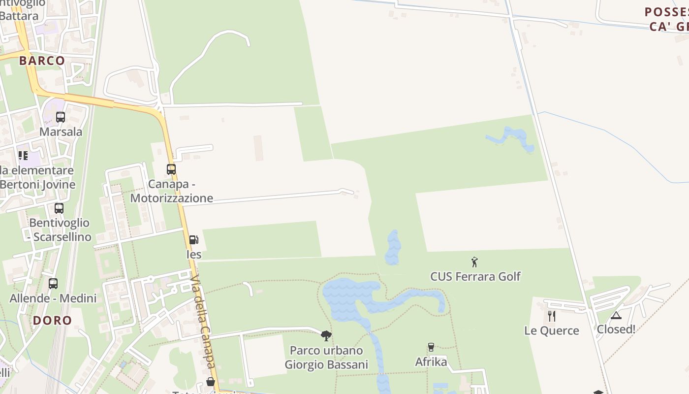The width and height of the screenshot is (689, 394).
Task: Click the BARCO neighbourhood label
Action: point(42,61)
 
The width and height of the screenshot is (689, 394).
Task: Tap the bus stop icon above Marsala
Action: point(61,117)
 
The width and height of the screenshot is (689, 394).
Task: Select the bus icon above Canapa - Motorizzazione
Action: point(171,169)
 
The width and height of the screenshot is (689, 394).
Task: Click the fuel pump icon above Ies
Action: point(194,240)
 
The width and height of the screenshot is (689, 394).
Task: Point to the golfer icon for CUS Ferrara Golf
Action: point(474,262)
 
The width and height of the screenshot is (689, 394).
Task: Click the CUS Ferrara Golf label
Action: point(475,276)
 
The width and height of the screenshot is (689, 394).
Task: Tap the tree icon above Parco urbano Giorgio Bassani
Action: point(326,336)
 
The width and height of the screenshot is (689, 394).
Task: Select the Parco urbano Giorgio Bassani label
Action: point(326,358)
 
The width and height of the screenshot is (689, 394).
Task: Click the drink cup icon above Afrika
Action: point(431,347)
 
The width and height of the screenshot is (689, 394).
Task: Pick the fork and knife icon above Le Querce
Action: point(551,316)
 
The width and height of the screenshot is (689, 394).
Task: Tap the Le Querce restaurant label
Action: point(551,330)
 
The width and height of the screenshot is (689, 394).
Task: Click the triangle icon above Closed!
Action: point(616,315)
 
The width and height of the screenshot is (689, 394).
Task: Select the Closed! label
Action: point(616,329)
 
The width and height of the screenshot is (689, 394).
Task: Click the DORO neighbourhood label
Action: point(52,320)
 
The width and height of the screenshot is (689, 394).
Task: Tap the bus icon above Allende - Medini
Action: point(53,284)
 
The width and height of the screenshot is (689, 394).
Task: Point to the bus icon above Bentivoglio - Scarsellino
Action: point(59,208)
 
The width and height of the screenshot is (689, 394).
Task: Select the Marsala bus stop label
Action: point(61,132)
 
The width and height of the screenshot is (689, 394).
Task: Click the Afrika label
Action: point(431,362)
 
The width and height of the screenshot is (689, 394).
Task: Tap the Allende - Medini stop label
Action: point(53,298)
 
